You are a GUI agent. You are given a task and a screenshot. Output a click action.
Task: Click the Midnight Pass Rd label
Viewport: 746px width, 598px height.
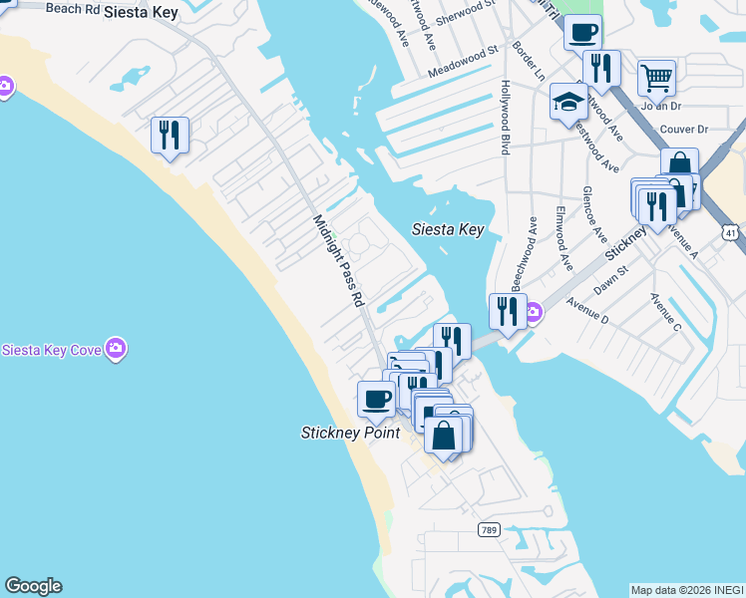tap(339, 260)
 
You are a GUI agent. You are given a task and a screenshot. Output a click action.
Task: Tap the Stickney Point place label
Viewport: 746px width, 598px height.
tap(350, 433)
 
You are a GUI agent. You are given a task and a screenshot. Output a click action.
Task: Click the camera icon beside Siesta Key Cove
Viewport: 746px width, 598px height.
tap(117, 348)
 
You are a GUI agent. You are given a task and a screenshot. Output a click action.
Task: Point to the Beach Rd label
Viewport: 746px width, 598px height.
tap(75, 8)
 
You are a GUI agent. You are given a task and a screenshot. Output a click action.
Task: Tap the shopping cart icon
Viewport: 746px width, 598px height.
tap(656, 77)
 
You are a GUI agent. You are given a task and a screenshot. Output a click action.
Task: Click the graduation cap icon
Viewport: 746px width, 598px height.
tap(568, 101)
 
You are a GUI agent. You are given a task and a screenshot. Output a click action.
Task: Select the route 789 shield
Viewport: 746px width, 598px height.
tap(488, 529)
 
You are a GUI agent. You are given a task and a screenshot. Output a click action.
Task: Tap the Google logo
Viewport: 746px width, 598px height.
tap(33, 586)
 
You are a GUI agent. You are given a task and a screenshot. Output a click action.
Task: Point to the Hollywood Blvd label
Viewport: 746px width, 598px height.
tap(506, 117)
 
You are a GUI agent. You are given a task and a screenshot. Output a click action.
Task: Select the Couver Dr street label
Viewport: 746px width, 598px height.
tap(683, 130)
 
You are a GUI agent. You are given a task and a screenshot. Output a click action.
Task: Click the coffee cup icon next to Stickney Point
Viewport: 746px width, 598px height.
tap(376, 400)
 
